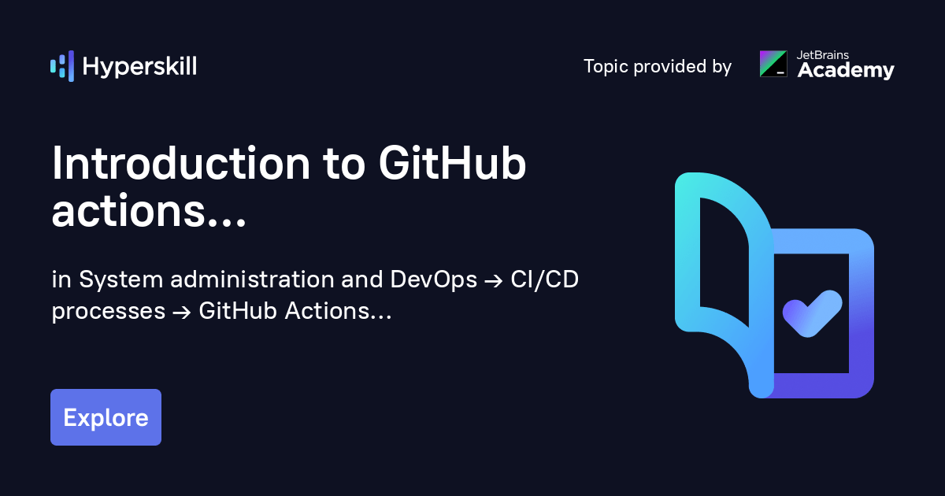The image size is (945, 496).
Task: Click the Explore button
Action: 106,417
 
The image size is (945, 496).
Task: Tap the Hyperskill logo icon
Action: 62,66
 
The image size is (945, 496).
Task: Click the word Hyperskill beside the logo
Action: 139,67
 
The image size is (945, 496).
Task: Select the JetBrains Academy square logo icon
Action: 773,64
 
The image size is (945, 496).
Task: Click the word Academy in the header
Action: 846,71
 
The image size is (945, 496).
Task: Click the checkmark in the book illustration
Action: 811,313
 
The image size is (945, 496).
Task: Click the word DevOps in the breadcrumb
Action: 434,279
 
